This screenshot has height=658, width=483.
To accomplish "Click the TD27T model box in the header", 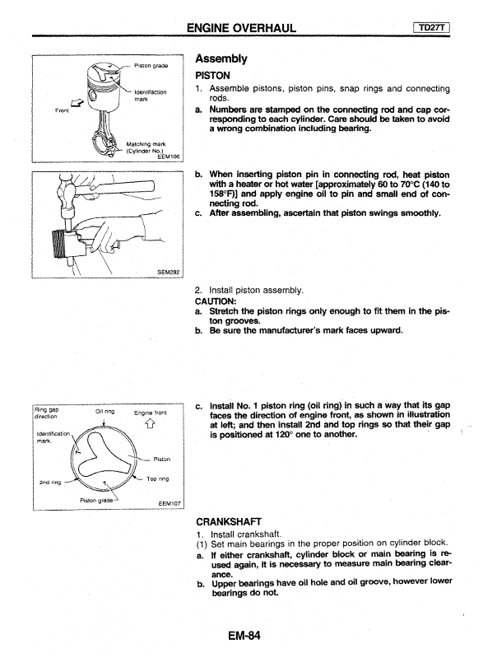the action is coord(431,28).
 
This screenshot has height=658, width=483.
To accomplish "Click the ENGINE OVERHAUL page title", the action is coord(241,28).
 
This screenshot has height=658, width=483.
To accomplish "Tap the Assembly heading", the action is coord(221,58).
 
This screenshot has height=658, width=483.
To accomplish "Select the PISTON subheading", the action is coord(212,76).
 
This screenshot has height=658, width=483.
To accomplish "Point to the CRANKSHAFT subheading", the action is coord(229,521).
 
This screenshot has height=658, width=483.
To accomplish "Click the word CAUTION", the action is coord(216,301).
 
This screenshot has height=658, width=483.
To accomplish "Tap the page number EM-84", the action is coord(244,635).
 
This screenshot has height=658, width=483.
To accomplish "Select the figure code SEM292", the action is coord(168,272).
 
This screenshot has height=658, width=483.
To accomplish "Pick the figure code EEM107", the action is coord(170,503).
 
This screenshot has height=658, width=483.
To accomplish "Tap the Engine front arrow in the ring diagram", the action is coord(151,425).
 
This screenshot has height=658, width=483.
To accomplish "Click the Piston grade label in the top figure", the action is coord(151,65).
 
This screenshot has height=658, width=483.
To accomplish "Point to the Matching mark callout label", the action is coord(146,144).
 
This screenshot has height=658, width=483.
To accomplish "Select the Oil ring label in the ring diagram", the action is coord(104,411).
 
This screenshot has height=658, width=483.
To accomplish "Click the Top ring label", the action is coord(158,478).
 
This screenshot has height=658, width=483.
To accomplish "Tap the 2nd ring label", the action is coord(50,482).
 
